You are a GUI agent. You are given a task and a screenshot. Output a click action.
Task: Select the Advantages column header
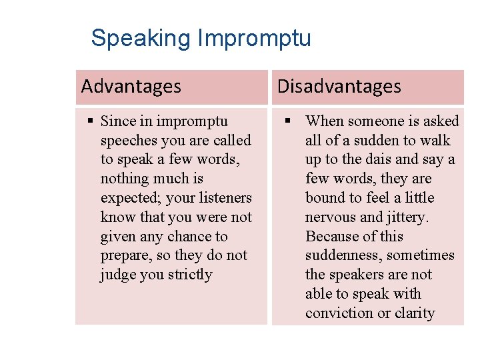pyautogui.click(x=131, y=87)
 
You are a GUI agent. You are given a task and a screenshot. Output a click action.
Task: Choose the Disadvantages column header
pyautogui.click(x=339, y=87)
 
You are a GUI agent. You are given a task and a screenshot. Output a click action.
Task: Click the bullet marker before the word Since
pyautogui.click(x=91, y=121)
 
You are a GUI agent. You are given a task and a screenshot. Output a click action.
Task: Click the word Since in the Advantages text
pyautogui.click(x=117, y=121)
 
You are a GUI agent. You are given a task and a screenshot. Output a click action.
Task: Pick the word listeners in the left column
pyautogui.click(x=224, y=198)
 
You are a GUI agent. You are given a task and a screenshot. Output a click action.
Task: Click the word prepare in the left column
pyautogui.click(x=124, y=256)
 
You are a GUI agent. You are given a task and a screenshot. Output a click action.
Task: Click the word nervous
pyautogui.click(x=329, y=217)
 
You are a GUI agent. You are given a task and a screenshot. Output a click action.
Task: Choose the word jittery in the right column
pyautogui.click(x=407, y=217)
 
